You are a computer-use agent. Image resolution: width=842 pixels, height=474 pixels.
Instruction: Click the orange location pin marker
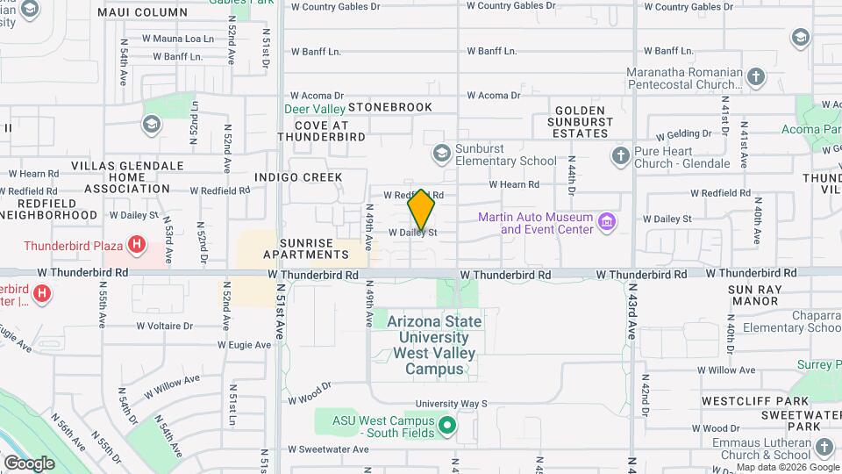tap(422, 211)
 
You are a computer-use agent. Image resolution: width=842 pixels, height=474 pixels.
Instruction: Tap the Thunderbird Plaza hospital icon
tap(136, 245)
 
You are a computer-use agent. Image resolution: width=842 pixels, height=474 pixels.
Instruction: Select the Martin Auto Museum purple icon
tap(605, 222)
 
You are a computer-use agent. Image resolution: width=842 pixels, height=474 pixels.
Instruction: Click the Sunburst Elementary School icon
tap(441, 154)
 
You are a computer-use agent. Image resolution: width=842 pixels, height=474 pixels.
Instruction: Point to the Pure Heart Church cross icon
tap(620, 156)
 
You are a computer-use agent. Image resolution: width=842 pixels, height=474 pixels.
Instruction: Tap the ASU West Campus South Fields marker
tap(446, 427)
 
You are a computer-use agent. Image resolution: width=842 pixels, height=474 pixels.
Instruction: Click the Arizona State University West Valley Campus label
tap(436, 345)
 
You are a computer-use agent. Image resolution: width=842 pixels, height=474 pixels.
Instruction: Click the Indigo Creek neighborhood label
tap(298, 177)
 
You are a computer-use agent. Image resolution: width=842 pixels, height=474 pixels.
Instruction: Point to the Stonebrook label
tap(390, 107)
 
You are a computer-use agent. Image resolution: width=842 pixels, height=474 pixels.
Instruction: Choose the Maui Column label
tap(142, 12)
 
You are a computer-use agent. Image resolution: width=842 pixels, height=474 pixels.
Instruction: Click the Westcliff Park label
tap(742, 401)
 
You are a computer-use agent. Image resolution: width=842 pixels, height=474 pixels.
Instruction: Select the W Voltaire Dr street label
tap(164, 326)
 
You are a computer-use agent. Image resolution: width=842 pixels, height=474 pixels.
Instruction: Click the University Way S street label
tap(451, 405)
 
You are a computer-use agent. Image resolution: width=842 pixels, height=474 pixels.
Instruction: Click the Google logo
tap(29, 463)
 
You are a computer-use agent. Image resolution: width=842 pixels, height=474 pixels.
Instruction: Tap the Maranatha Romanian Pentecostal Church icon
tap(756, 77)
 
